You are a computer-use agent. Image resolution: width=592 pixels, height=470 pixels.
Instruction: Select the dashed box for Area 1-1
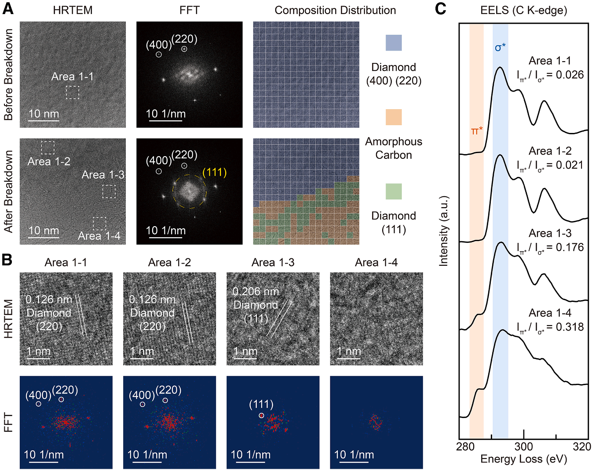[x=73, y=92]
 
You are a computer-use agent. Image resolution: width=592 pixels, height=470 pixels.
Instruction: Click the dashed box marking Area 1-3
[x=109, y=191]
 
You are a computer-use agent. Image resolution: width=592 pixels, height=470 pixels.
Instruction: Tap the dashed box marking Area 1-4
[x=99, y=224]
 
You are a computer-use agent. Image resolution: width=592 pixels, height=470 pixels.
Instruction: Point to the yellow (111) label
[x=215, y=172]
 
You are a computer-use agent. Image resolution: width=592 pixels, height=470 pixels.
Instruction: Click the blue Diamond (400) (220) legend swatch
[x=394, y=43]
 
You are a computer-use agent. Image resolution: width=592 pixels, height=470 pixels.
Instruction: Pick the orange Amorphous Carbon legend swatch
[x=394, y=117]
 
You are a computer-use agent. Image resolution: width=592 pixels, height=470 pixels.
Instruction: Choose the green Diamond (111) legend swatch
[x=394, y=191]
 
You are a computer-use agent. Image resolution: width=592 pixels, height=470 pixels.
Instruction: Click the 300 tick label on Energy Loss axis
[x=524, y=446]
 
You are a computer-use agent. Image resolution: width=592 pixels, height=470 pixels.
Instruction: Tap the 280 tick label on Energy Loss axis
[x=465, y=446]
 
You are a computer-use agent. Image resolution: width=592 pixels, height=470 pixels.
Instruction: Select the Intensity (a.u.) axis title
[x=443, y=231]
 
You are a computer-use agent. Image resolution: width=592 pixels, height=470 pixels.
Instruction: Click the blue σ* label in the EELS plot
[x=500, y=48]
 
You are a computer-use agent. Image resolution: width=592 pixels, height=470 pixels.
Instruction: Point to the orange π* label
[x=477, y=131]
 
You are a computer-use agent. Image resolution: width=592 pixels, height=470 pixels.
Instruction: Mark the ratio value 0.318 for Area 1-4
[x=570, y=327]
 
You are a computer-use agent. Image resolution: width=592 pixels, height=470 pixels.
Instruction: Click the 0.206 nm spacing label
[x=256, y=291]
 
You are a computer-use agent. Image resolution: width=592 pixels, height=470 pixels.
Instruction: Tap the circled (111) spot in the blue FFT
[x=261, y=415]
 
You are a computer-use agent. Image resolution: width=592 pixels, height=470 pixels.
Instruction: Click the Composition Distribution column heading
[x=335, y=10]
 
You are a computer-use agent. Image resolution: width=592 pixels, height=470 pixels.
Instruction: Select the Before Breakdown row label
[x=8, y=75]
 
